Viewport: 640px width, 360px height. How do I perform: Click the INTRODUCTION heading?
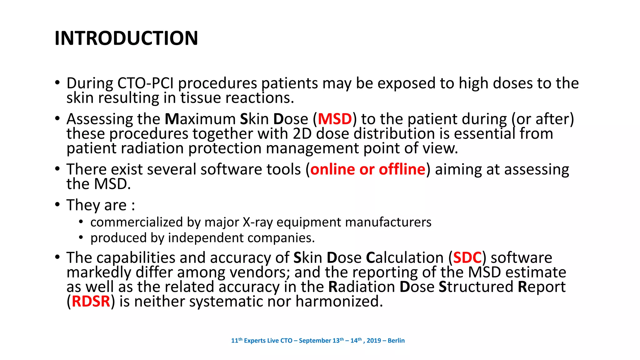coord(126,38)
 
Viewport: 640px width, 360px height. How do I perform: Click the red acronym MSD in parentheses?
coord(335,119)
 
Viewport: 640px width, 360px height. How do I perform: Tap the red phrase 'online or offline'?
coord(368,169)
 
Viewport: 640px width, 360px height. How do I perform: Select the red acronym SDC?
coord(467,258)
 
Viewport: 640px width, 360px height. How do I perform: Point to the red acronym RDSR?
coord(91,302)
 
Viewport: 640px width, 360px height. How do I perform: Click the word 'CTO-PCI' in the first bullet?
coord(146,83)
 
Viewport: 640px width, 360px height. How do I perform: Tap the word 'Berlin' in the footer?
coord(396,341)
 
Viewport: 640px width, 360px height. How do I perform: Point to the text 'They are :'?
coord(101,205)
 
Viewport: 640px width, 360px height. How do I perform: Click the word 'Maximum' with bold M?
coord(200,119)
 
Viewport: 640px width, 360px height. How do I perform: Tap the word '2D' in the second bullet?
coord(302,134)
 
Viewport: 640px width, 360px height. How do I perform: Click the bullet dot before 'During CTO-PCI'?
coord(57,83)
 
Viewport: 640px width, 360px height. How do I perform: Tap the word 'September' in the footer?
coord(315,341)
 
